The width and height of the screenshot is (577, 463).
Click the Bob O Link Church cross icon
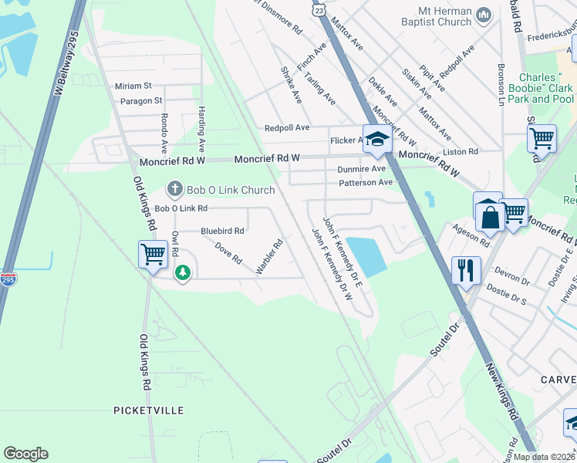pos(175,189)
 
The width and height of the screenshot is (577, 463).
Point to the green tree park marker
pos(182,273)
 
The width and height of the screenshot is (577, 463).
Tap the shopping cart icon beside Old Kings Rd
pos(153,253)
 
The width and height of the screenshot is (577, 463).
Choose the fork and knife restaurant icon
pos(466,269)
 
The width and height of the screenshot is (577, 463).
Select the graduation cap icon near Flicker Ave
pos(377,140)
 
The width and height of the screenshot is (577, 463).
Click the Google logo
pos(26,454)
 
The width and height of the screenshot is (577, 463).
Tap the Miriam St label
pos(133,86)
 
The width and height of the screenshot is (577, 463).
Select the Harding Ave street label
pos(201,128)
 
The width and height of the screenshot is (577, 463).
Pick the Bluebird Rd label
pos(222,231)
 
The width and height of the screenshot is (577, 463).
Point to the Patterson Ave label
pos(365,183)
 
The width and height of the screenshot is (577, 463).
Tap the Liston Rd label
pos(461,152)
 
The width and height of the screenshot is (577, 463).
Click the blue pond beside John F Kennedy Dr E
pos(366,256)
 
